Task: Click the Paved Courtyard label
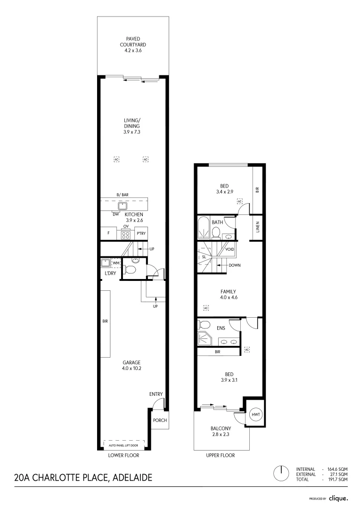pyautogui.click(x=133, y=44)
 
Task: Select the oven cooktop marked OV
pyautogui.click(x=126, y=233)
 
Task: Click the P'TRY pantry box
pyautogui.click(x=140, y=233)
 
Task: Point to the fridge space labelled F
pyautogui.click(x=108, y=233)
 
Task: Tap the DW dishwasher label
pyautogui.click(x=115, y=214)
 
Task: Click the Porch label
pyautogui.click(x=160, y=420)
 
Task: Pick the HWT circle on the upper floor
pyautogui.click(x=256, y=414)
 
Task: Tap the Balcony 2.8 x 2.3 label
pyautogui.click(x=221, y=431)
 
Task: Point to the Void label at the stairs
pyautogui.click(x=230, y=249)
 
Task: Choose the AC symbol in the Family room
pyautogui.click(x=205, y=308)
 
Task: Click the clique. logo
pyautogui.click(x=338, y=498)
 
